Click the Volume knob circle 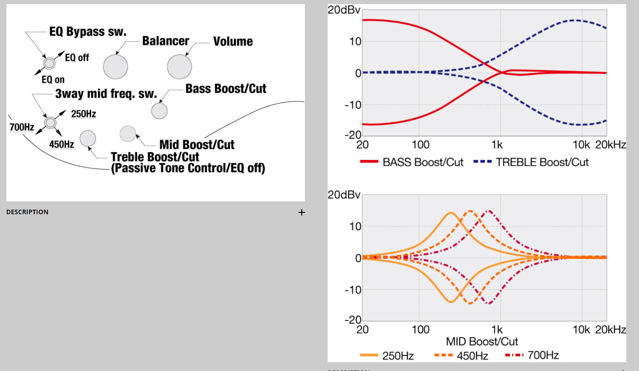179,67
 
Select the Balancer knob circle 115,67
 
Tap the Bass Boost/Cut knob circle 159,111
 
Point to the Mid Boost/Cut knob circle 128,134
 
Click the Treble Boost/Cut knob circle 88,139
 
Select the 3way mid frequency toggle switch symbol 50,122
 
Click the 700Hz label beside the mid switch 22,127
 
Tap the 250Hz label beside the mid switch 83,114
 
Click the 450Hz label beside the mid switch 62,144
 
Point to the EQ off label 77,57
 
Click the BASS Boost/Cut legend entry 412,162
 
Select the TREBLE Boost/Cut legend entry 531,162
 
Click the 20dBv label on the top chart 344,10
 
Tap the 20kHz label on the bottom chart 611,330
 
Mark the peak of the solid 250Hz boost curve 451,213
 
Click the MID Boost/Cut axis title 482,341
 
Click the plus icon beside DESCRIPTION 301,212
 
